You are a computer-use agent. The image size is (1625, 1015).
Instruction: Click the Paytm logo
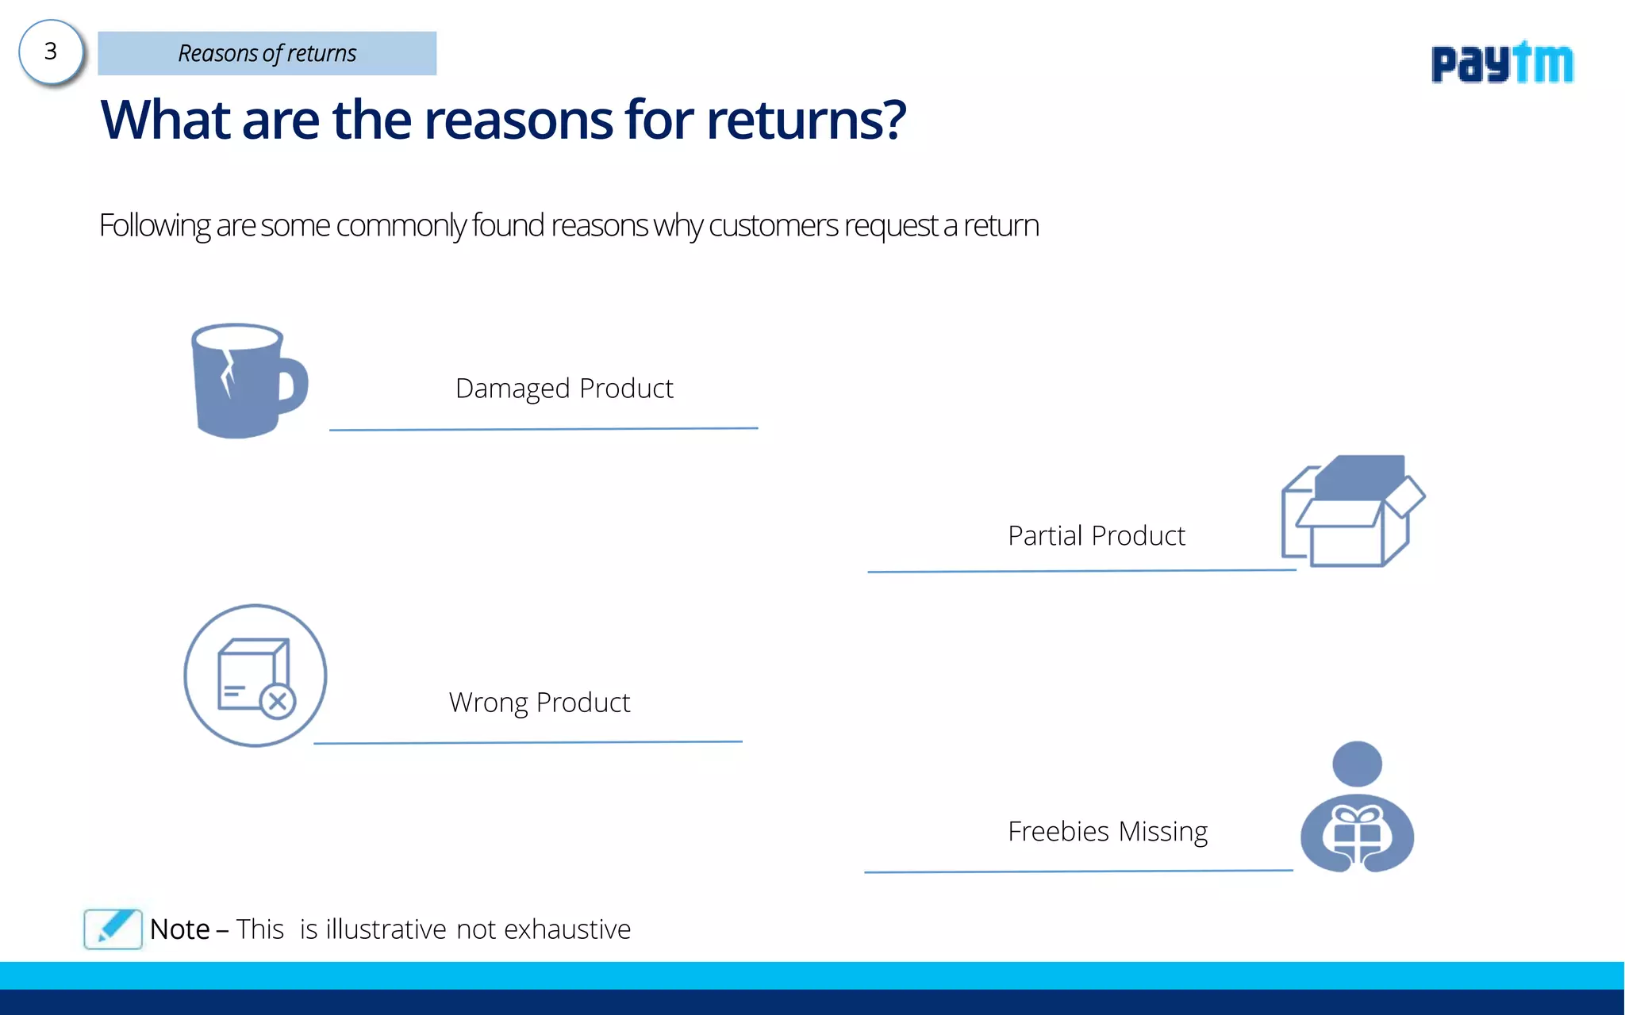[1501, 63]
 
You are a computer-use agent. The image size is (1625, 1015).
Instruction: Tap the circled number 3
[51, 52]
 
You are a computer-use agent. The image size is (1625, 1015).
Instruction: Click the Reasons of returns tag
[267, 53]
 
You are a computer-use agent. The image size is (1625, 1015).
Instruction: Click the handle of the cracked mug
[294, 385]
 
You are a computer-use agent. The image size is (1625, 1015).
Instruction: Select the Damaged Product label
[564, 389]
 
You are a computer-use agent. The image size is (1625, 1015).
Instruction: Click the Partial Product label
[1097, 536]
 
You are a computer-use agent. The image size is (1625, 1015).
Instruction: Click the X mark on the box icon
[278, 701]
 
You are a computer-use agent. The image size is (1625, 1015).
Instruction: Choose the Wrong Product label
[540, 703]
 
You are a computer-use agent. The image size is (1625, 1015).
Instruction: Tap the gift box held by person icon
[1357, 833]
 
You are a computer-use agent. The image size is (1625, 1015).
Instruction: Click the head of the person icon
[1357, 764]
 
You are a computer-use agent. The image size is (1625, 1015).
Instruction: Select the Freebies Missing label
[1108, 832]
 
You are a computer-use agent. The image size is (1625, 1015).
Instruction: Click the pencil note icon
[113, 929]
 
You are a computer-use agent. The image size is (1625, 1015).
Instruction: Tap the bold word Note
[180, 929]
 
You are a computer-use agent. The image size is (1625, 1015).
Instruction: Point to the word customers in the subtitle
[773, 226]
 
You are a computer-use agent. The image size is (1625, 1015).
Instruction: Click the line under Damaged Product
[544, 429]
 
